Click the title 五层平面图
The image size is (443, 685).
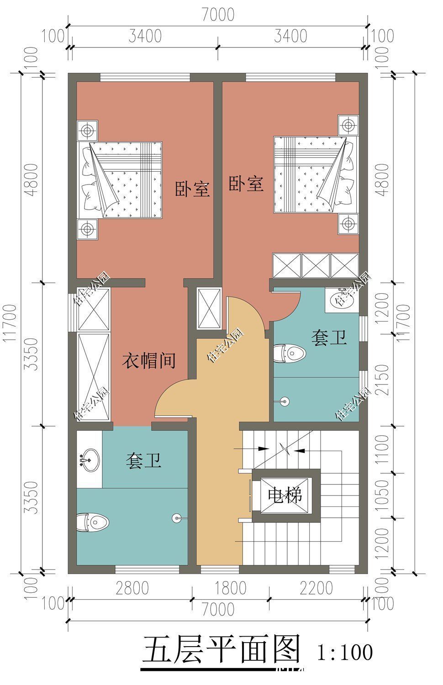(222, 649)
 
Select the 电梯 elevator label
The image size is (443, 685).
(285, 495)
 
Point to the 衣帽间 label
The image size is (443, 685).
(149, 361)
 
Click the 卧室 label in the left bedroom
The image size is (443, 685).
(192, 189)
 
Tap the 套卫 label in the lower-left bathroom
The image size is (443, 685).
(143, 461)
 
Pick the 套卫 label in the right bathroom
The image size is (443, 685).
(329, 338)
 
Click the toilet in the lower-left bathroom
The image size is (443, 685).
(93, 522)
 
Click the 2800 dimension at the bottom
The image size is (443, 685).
(132, 588)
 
